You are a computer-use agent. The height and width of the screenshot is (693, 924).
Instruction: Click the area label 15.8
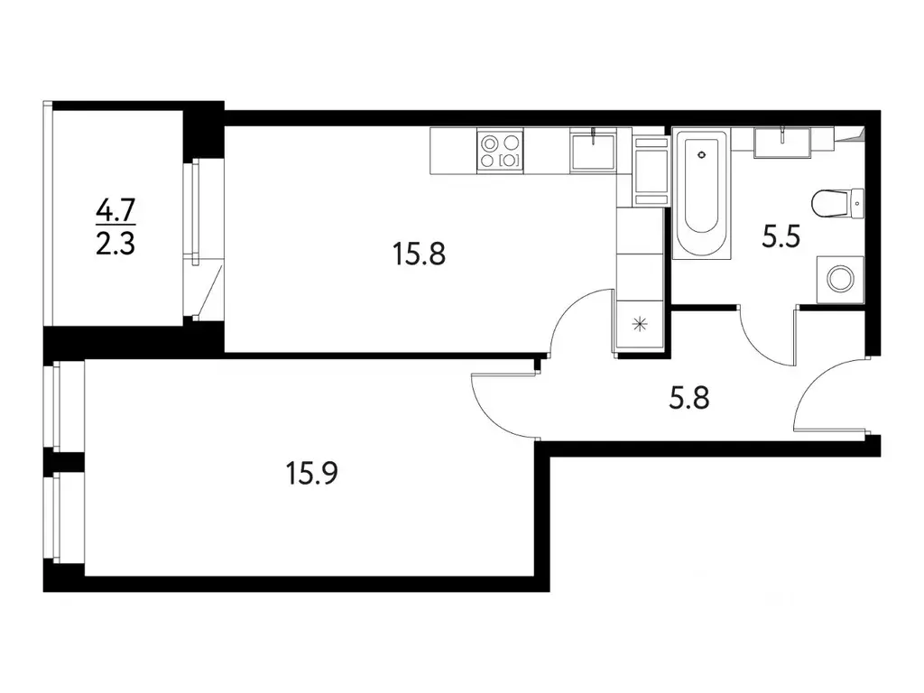[x=420, y=255]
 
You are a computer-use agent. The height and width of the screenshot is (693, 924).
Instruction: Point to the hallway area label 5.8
[x=689, y=396]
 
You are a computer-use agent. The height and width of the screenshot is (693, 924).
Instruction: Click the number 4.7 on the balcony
[x=115, y=212]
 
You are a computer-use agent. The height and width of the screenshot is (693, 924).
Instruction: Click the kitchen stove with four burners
[x=500, y=151]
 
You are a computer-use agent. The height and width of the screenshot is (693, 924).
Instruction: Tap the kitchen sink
[x=593, y=148]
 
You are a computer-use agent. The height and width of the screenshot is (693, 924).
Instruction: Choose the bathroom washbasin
[x=782, y=142]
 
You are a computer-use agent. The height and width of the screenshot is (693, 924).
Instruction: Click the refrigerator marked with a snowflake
[x=640, y=325]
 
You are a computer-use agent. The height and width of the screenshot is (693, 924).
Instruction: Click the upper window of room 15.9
[x=57, y=406]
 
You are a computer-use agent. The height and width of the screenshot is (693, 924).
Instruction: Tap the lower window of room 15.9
[x=57, y=518]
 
